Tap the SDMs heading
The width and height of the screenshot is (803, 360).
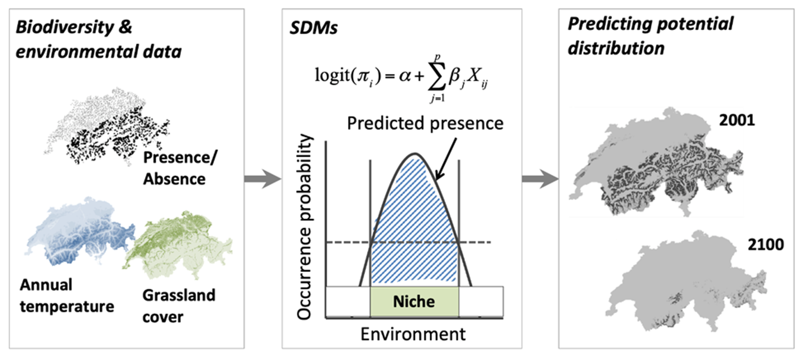314,28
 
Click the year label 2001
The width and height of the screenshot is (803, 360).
737,120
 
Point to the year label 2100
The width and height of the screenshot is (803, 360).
766,245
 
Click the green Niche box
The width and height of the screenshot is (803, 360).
414,302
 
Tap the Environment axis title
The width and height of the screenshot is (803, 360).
413,334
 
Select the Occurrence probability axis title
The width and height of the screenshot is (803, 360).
304,227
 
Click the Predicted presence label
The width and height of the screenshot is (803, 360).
425,123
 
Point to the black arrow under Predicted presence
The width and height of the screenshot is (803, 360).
446,159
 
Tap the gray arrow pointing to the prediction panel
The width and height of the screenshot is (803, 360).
540,178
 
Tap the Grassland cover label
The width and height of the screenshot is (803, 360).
179,306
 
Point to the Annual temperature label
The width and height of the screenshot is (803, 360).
67,296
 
